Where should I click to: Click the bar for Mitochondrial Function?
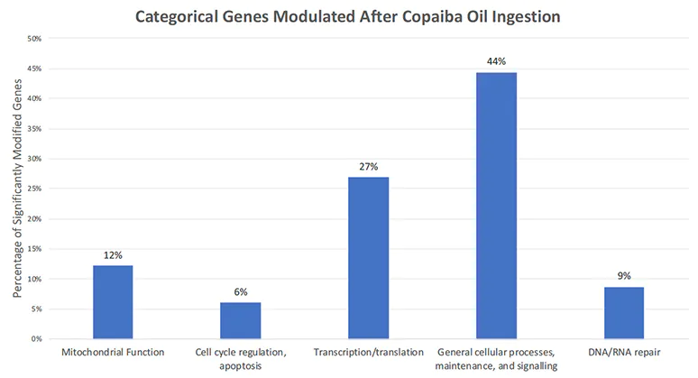click(x=112, y=302)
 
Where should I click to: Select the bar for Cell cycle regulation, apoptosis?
click(x=240, y=320)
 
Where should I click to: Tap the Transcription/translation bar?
click(x=368, y=258)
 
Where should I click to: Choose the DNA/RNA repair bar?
click(x=624, y=312)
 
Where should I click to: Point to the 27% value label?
click(x=368, y=166)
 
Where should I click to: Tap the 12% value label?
click(x=112, y=255)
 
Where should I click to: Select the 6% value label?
click(x=240, y=291)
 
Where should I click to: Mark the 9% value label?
click(x=624, y=276)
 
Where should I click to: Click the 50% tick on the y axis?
click(x=37, y=39)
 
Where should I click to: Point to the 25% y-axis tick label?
click(x=37, y=189)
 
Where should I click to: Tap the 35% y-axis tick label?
click(x=37, y=129)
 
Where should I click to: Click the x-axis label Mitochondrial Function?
click(x=112, y=350)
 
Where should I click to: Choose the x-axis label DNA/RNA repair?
click(x=624, y=350)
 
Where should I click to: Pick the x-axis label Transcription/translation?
click(x=368, y=350)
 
